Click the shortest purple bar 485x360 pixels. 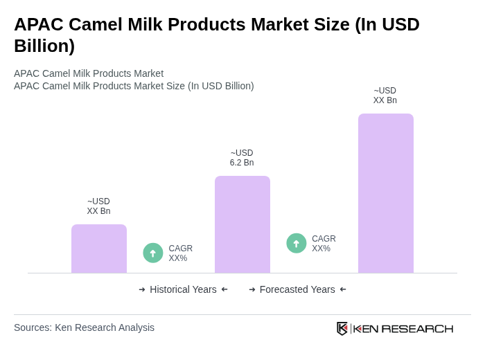point(98,249)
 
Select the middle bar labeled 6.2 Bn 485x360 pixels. point(242,224)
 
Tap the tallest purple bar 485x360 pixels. point(385,193)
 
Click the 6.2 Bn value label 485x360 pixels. point(242,158)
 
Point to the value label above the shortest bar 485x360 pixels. point(98,206)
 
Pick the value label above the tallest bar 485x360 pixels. point(385,96)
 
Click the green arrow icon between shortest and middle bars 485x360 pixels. point(153,253)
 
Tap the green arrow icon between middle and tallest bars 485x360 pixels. point(297,243)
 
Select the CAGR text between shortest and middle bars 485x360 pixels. point(180,253)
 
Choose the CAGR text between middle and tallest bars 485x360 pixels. point(324,244)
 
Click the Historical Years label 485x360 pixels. point(183,289)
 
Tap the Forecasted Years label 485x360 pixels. point(297,289)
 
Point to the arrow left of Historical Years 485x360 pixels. point(142,289)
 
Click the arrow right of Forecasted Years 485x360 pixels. point(343,289)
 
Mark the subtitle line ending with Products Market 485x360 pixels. point(89,73)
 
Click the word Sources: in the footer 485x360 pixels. point(33,327)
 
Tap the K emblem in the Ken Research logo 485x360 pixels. point(342,328)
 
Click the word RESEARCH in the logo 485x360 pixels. point(417,328)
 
